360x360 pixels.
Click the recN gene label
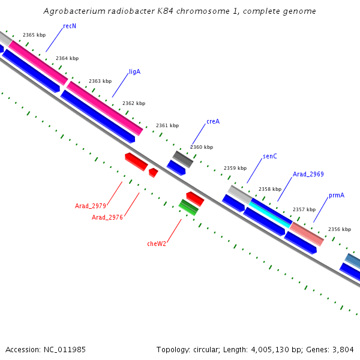pyautogui.click(x=70, y=26)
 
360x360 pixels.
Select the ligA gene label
pyautogui.click(x=134, y=72)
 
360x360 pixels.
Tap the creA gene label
pyautogui.click(x=213, y=121)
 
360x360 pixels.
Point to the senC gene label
pyautogui.click(x=270, y=157)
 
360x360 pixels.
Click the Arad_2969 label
pyautogui.click(x=308, y=174)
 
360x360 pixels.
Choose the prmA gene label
pyautogui.click(x=337, y=196)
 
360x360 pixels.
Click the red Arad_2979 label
pyautogui.click(x=91, y=206)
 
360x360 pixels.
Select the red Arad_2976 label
pyautogui.click(x=107, y=217)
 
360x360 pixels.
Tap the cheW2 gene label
pyautogui.click(x=157, y=244)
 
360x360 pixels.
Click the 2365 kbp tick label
pyautogui.click(x=34, y=35)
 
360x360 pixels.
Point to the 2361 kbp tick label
pyautogui.click(x=167, y=126)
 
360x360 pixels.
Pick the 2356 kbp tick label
pyautogui.click(x=339, y=229)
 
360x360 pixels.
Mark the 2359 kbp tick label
pyautogui.click(x=235, y=169)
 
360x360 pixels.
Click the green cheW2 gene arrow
pyautogui.click(x=189, y=207)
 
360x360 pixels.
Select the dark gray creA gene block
pyautogui.click(x=183, y=159)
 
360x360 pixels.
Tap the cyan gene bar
pyautogui.click(x=270, y=213)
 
